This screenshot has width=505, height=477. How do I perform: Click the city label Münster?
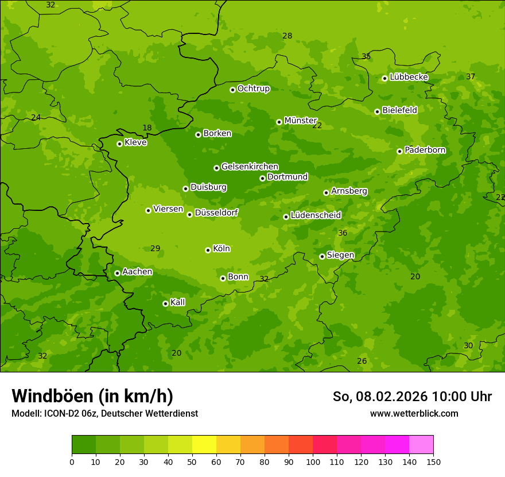click(300, 121)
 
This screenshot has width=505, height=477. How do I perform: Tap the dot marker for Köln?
click(208, 250)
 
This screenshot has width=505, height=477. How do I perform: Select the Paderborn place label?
click(425, 150)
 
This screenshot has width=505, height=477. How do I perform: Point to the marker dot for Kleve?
click(119, 144)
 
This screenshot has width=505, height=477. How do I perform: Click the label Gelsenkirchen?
click(250, 167)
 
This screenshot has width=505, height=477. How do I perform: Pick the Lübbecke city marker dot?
click(384, 78)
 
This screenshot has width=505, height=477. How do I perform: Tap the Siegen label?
click(340, 255)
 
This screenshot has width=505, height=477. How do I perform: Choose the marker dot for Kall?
click(165, 303)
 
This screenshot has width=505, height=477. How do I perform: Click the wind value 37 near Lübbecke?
click(471, 76)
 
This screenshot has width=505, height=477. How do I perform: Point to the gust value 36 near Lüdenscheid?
click(343, 233)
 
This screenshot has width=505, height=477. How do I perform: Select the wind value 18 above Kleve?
click(147, 128)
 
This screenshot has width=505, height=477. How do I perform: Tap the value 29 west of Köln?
click(155, 248)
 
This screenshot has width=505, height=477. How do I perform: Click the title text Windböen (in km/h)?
click(92, 396)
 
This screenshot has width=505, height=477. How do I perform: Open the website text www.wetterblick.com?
click(414, 413)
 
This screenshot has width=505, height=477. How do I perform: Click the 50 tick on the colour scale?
click(192, 461)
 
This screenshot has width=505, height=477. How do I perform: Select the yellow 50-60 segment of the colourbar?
click(204, 444)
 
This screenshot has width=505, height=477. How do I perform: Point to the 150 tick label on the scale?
click(433, 461)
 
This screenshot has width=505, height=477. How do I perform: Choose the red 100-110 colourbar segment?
click(325, 444)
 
